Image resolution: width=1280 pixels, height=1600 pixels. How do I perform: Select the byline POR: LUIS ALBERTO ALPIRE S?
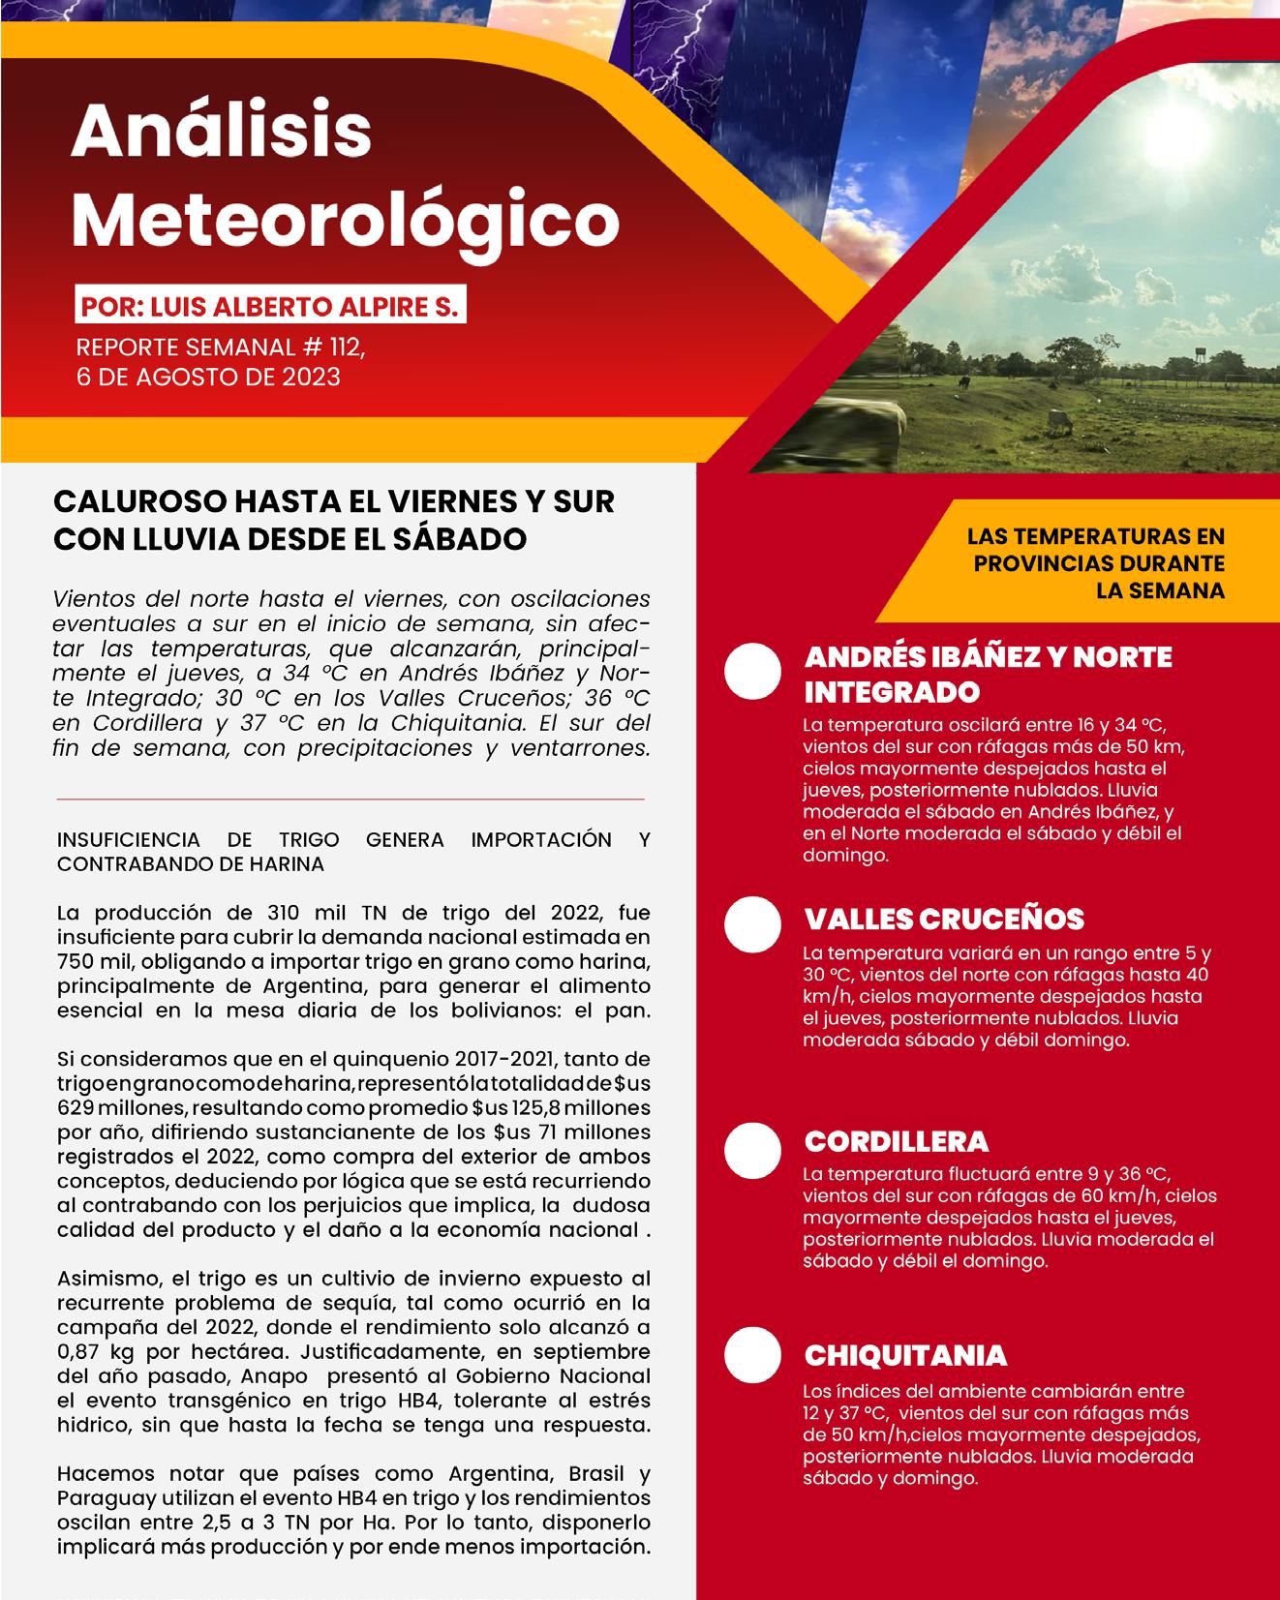pyautogui.click(x=270, y=307)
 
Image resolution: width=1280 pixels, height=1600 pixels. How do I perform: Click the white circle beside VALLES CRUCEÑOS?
pyautogui.click(x=753, y=924)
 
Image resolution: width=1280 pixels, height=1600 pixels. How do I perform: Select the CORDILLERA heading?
pyautogui.click(x=897, y=1141)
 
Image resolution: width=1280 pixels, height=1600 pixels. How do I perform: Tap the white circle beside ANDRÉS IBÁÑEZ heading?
pyautogui.click(x=753, y=670)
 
